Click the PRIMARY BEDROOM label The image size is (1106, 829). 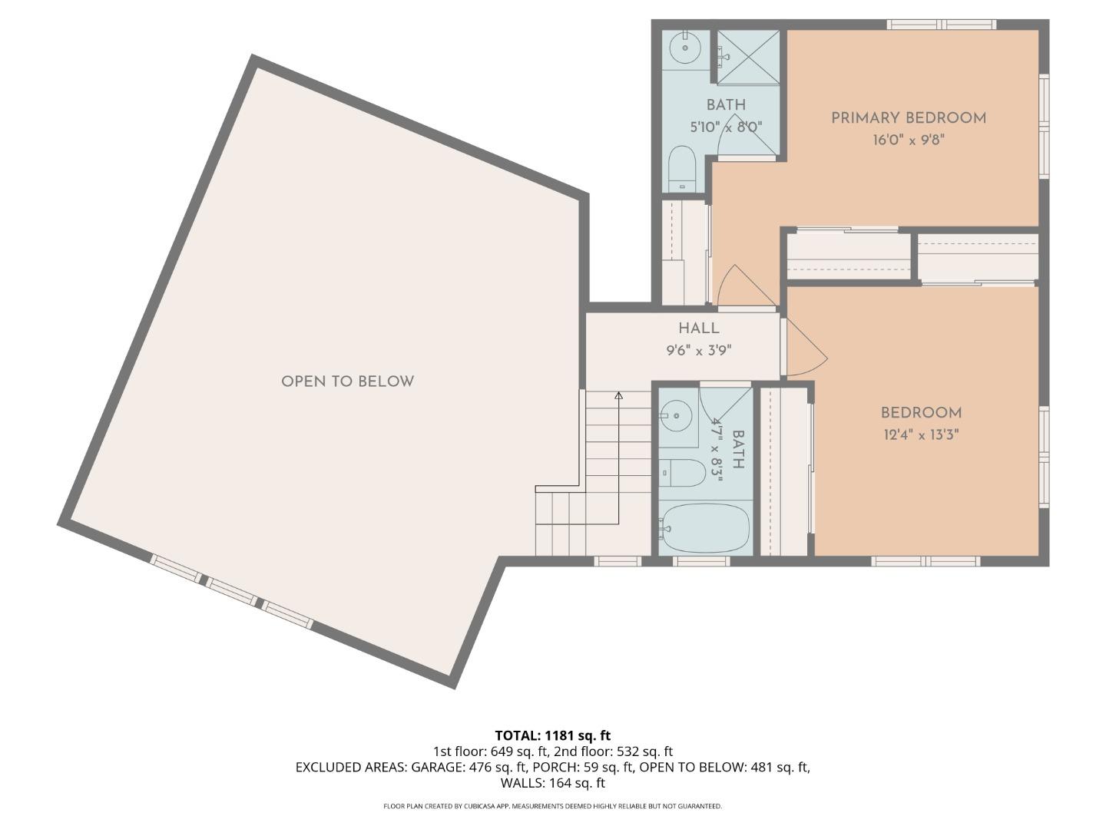908,118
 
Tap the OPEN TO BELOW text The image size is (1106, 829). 347,381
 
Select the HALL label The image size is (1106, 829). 698,329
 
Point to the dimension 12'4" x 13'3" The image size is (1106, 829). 921,435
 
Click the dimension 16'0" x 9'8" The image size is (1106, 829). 908,140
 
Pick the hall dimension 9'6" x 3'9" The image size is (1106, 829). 698,351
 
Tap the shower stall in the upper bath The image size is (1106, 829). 748,56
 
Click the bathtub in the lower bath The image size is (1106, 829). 704,528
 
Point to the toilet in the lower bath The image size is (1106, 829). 684,473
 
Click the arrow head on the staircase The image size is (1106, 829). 618,396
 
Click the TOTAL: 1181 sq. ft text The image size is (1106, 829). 552,735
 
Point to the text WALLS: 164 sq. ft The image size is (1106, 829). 552,783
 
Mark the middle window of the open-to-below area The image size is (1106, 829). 231,592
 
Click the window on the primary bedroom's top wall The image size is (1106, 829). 942,25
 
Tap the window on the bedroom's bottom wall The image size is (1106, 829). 926,561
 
